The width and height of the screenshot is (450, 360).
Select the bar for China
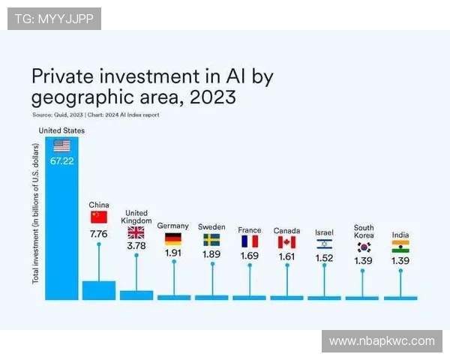[99, 290]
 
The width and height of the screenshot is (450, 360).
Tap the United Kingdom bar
[136, 295]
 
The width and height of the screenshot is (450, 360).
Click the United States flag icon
[61, 145]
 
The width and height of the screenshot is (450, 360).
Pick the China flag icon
[99, 217]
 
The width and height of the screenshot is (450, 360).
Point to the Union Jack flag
[136, 232]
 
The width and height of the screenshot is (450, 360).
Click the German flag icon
[173, 240]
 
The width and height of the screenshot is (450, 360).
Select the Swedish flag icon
[211, 240]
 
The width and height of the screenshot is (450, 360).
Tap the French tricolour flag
[249, 241]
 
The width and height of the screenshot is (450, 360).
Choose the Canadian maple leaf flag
[286, 242]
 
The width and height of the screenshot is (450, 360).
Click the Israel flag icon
[324, 244]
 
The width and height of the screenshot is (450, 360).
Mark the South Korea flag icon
[364, 247]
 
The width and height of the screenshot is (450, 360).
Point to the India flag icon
[400, 247]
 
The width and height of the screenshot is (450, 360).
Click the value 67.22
[61, 161]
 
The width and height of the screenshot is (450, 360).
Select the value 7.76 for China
[99, 234]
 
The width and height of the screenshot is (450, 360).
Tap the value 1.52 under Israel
[324, 259]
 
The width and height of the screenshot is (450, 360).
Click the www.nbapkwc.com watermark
[382, 341]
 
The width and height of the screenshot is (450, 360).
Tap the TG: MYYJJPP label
[53, 18]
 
